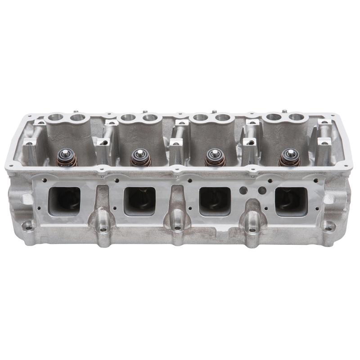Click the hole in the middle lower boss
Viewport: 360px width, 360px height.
point(178,229)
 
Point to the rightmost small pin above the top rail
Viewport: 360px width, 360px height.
point(285,109)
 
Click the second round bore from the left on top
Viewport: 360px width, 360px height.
point(78,118)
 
